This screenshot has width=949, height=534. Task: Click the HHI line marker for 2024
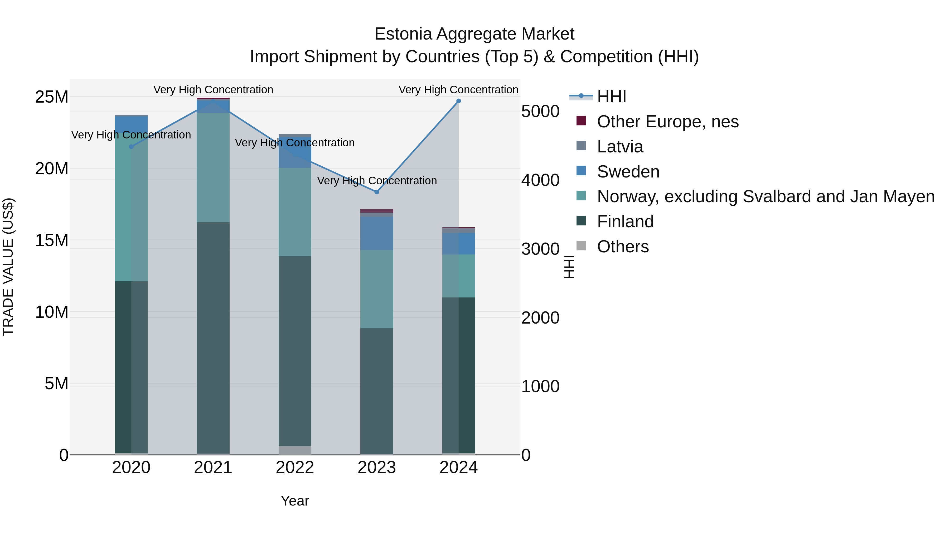tap(458, 101)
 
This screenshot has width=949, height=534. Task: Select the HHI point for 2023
tap(376, 192)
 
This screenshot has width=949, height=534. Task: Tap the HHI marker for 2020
tap(131, 147)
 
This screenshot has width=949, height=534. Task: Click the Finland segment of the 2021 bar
tap(213, 337)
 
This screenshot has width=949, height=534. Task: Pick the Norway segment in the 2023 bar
tap(376, 289)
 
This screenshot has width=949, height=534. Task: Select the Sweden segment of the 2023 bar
tap(376, 233)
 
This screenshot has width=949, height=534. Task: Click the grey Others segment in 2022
tap(295, 450)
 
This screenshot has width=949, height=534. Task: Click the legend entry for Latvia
tap(620, 147)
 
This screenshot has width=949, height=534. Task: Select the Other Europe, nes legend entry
tap(667, 122)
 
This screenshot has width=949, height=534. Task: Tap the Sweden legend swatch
tap(581, 171)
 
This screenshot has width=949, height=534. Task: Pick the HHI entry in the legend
tap(612, 97)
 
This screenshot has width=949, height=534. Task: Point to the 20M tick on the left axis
tap(52, 169)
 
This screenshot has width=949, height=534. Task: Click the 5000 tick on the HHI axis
tap(540, 111)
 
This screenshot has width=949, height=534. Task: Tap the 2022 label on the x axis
tap(295, 468)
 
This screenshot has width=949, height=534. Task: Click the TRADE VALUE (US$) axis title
tap(8, 267)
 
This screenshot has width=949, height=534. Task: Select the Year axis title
tap(295, 501)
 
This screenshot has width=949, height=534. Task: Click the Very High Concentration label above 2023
tap(376, 181)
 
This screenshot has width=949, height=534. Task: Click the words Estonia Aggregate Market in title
tap(474, 34)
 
